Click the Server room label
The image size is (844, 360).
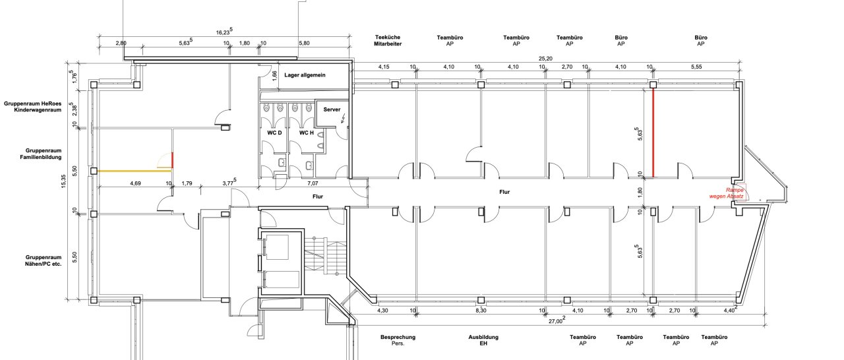[x=332, y=109]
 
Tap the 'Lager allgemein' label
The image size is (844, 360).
[x=305, y=75]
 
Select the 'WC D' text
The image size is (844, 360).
[x=274, y=133]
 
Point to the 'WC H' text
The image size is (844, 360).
[x=307, y=133]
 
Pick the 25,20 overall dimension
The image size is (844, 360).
[x=545, y=59]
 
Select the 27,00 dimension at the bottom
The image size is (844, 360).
[x=557, y=320]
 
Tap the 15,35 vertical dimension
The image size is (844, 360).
[x=63, y=181]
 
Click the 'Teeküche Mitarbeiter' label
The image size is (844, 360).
[x=388, y=41]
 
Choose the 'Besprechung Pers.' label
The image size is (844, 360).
[x=398, y=340]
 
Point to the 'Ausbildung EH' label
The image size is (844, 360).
[x=483, y=340]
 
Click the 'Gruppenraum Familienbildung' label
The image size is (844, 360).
[x=41, y=154]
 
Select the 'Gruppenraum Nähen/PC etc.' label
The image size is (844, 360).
[x=43, y=260]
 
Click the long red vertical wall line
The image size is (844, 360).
[x=653, y=133]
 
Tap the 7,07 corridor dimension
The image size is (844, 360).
[x=313, y=183]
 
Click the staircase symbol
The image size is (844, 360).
[x=325, y=256]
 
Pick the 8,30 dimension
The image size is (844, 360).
[x=481, y=311]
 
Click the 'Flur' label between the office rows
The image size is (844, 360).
[x=504, y=192]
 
